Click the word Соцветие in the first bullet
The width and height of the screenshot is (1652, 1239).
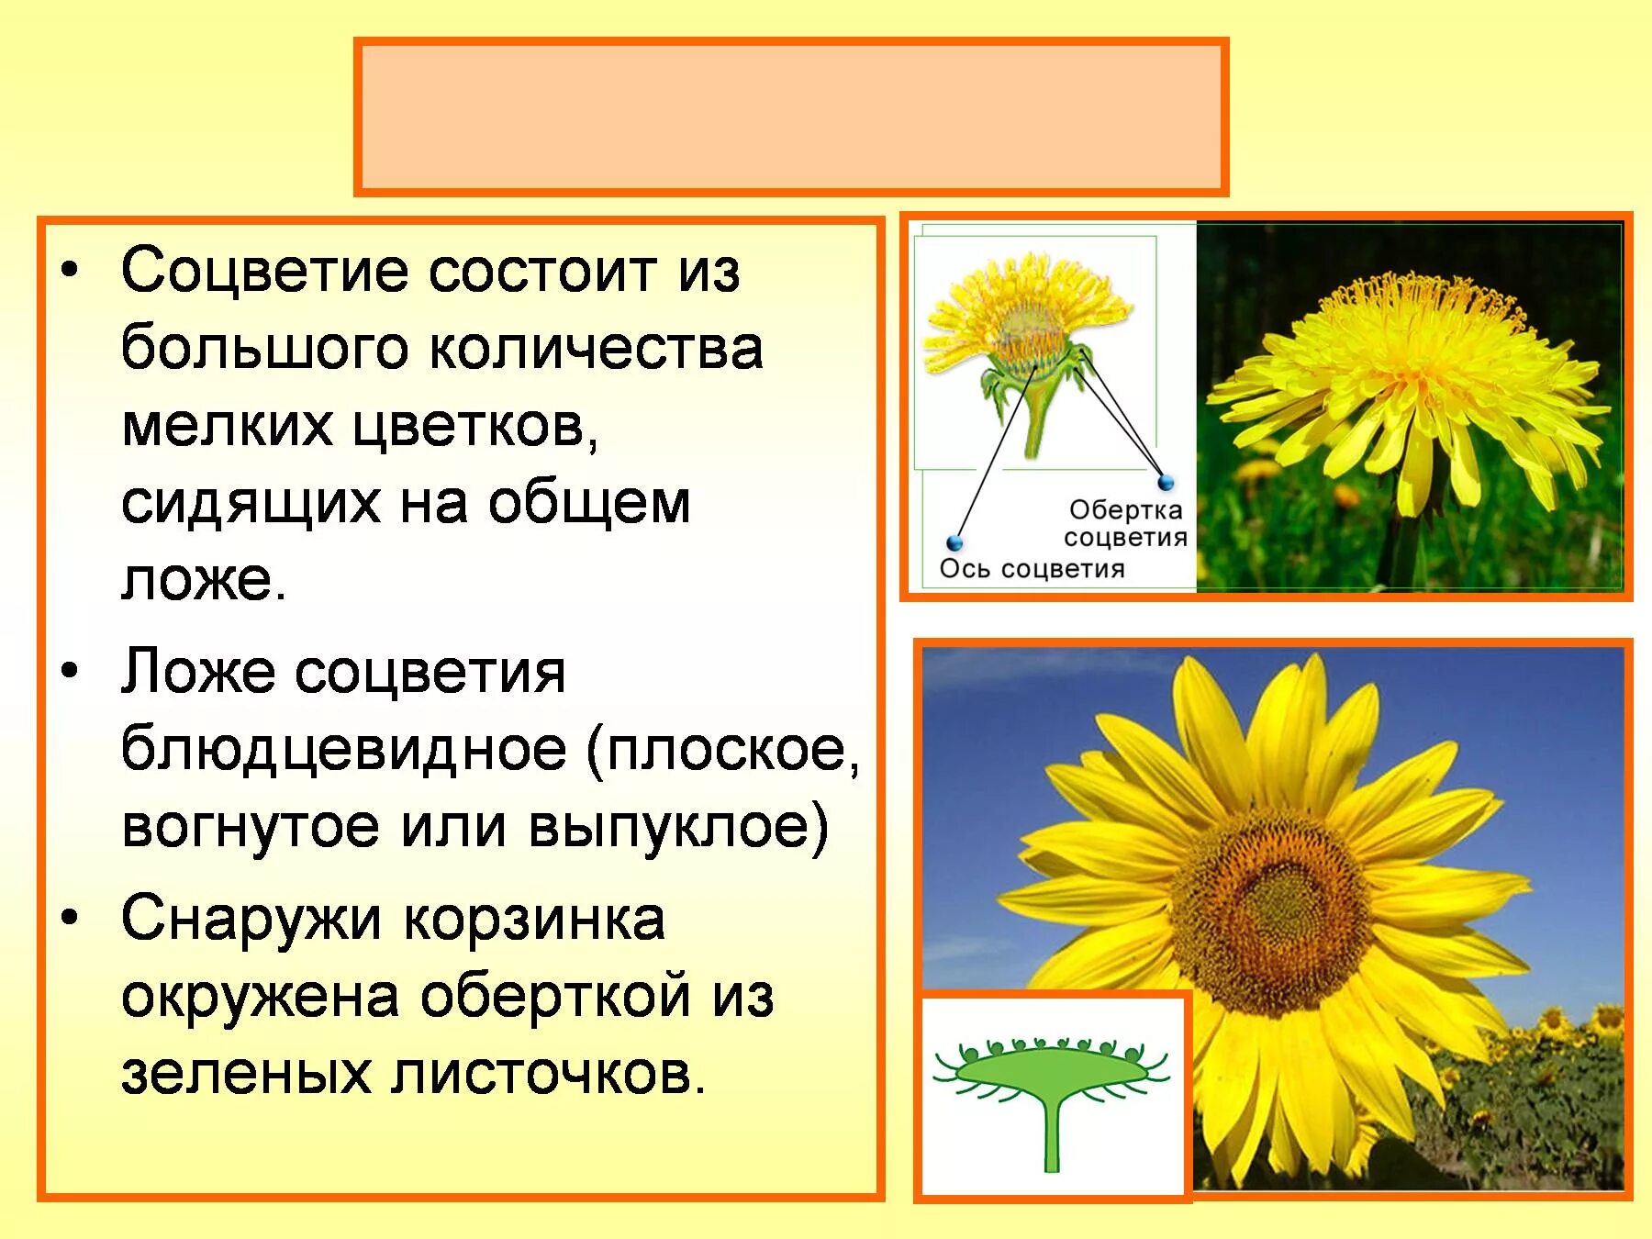pos(266,273)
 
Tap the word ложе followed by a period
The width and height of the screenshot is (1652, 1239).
pos(204,580)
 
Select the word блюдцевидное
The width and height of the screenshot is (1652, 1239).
pos(344,749)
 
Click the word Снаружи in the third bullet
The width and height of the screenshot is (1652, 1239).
pos(251,920)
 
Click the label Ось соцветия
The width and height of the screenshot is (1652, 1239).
pos(1032,569)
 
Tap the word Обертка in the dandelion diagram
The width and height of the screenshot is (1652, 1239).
pos(1125,509)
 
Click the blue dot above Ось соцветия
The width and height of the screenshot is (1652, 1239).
pos(954,542)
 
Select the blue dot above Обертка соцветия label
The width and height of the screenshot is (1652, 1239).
pos(1166,482)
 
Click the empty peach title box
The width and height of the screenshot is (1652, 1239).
pos(791,117)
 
